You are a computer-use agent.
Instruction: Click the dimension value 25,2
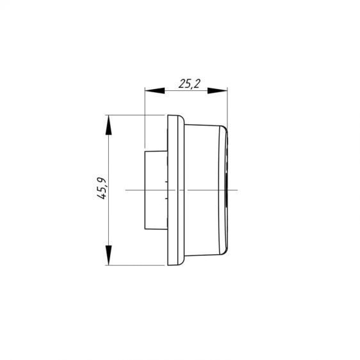pyautogui.click(x=190, y=83)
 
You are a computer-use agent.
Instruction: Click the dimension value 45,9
pyautogui.click(x=101, y=188)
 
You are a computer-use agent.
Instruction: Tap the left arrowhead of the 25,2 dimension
pyautogui.click(x=155, y=90)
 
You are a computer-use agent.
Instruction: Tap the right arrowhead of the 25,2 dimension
pyautogui.click(x=217, y=90)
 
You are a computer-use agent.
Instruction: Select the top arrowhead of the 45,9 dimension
pyautogui.click(x=109, y=125)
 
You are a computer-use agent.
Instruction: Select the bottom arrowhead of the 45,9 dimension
pyautogui.click(x=109, y=255)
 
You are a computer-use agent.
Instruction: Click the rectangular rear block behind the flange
pyautogui.click(x=156, y=190)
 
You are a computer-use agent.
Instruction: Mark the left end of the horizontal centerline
pyautogui.click(x=126, y=190)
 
